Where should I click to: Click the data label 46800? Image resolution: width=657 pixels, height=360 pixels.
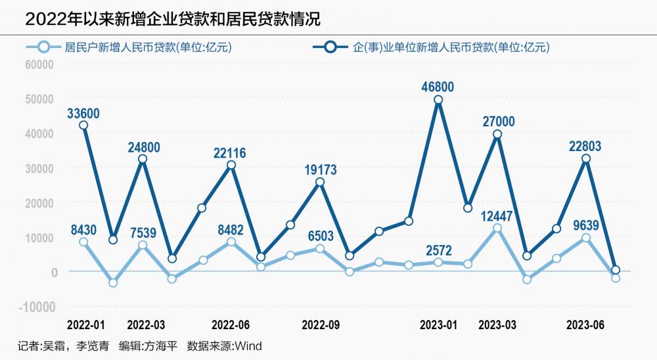click(x=438, y=87)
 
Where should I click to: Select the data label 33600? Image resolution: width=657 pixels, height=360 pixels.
click(x=83, y=113)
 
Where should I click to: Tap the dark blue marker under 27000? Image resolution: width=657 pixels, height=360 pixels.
click(x=497, y=134)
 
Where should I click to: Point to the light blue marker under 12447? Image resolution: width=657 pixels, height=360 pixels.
click(x=497, y=228)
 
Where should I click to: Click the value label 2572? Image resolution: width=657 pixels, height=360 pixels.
click(x=438, y=250)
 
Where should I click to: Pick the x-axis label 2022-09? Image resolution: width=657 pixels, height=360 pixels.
click(x=320, y=325)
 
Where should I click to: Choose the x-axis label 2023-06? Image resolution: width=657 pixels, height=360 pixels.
click(x=585, y=325)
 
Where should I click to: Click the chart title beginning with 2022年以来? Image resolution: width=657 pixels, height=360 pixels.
click(x=173, y=19)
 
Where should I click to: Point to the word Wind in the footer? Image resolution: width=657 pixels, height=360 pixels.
click(x=248, y=346)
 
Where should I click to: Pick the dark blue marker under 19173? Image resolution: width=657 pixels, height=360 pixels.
click(x=320, y=182)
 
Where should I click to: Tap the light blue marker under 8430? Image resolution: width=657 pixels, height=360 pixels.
click(x=83, y=242)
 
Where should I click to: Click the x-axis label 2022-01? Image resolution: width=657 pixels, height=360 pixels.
click(x=85, y=325)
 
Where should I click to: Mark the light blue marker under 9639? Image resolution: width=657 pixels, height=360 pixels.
click(x=586, y=238)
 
